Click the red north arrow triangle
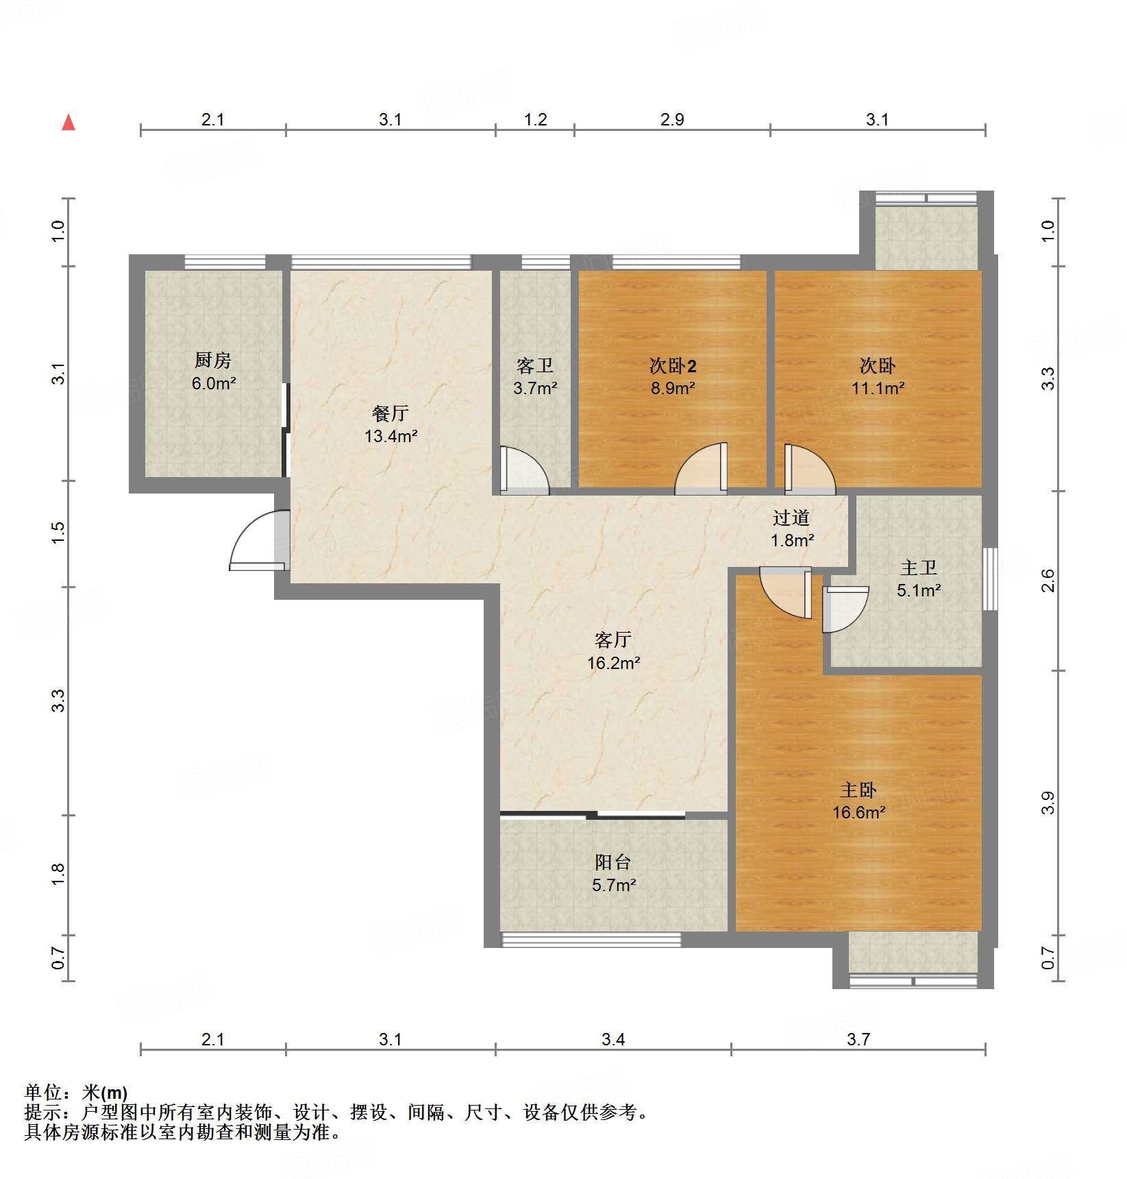(x=69, y=122)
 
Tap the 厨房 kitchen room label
(x=213, y=360)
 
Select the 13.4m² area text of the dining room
(x=391, y=436)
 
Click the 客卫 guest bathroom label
(x=535, y=365)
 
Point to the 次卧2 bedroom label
(x=673, y=365)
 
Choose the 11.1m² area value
(x=878, y=389)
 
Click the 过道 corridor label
(x=792, y=518)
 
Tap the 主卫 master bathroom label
(x=919, y=568)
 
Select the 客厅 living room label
(x=613, y=640)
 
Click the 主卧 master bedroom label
(x=858, y=790)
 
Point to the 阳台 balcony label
(x=613, y=862)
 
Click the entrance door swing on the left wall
(x=260, y=542)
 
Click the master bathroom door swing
(x=845, y=609)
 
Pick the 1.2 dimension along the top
(x=535, y=120)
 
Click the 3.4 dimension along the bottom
(x=613, y=1040)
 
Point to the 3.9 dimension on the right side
(x=1048, y=803)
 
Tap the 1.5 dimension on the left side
(x=58, y=533)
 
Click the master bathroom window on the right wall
(x=990, y=579)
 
